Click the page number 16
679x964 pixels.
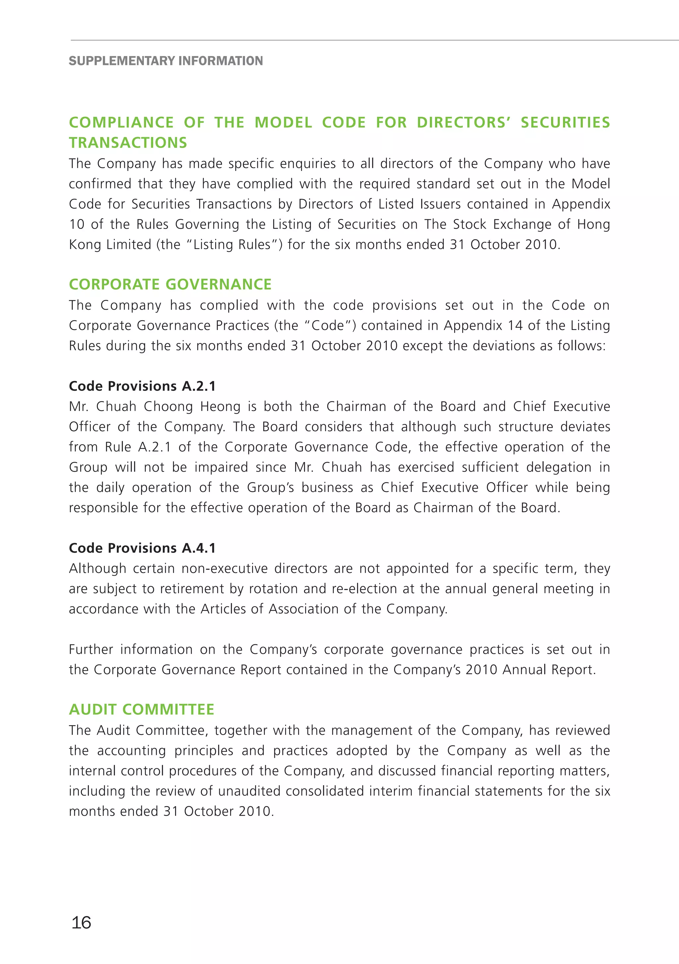(82, 923)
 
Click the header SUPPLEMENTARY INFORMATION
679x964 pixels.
(166, 61)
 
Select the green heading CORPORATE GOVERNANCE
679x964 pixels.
(170, 284)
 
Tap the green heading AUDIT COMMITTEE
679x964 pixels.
(142, 709)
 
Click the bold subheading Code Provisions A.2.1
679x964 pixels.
(142, 386)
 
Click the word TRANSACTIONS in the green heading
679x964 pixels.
(128, 142)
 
